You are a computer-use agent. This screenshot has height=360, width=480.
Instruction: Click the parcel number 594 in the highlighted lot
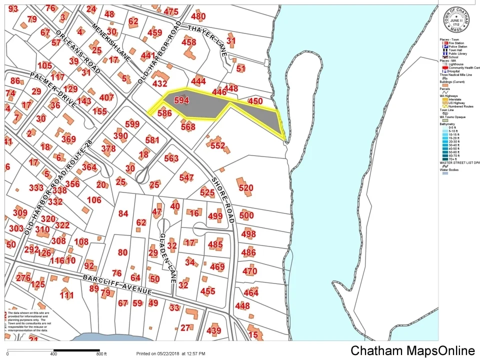(x=181, y=100)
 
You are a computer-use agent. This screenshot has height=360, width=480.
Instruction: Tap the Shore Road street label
(x=222, y=200)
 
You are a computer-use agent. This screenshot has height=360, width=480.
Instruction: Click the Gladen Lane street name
(x=167, y=257)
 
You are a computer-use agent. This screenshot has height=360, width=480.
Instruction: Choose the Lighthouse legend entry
(x=455, y=64)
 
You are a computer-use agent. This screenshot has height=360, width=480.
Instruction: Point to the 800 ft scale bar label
(x=101, y=354)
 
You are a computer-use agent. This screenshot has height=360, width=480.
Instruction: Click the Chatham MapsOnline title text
(x=412, y=350)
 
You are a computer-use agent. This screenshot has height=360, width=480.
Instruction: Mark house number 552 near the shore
(x=218, y=145)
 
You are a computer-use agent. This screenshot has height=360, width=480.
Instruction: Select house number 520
(x=246, y=188)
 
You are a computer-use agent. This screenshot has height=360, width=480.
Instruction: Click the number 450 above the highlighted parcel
(x=255, y=101)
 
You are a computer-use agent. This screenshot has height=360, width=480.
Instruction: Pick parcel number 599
(x=132, y=124)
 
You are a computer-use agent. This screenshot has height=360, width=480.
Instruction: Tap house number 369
(x=68, y=139)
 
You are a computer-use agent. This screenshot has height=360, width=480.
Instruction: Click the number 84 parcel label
(x=123, y=214)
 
